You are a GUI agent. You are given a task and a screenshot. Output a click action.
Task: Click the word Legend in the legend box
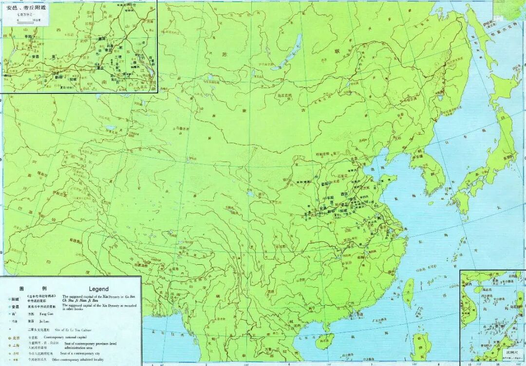click(x=99, y=289)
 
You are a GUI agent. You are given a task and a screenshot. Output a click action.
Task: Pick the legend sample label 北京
click(x=16, y=337)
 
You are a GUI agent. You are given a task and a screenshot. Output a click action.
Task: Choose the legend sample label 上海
click(x=16, y=345)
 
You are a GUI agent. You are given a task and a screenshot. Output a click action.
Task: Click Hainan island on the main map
click(x=325, y=341)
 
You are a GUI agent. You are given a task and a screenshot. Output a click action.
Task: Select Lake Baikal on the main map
click(x=293, y=49)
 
